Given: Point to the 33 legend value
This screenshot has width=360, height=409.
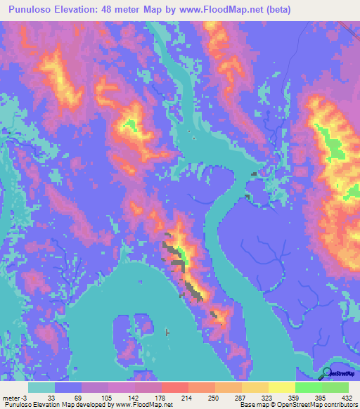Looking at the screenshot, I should pos(51,397).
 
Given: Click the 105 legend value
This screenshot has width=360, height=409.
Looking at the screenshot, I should pos(105,397).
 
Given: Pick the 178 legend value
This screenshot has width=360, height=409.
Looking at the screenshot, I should pos(159,397).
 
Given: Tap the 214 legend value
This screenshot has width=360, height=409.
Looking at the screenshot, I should pos(186,397).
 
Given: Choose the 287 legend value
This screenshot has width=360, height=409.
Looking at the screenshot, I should pos(239,397).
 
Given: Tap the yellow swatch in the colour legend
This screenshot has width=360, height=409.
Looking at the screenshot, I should pos(281,387).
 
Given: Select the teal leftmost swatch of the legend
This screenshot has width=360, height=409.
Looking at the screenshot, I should pos(41,387).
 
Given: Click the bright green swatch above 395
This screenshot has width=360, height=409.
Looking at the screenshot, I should pos(308,387).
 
